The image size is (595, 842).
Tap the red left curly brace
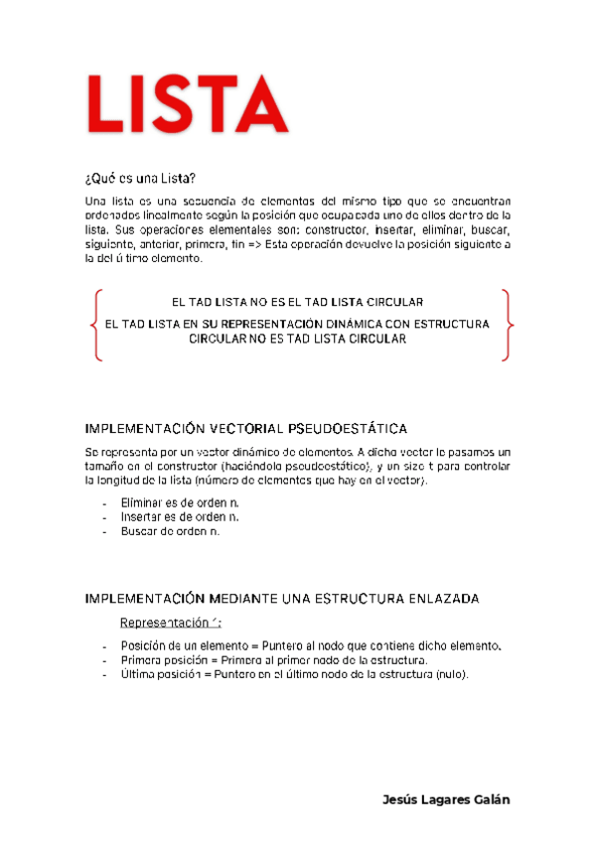click(93, 325)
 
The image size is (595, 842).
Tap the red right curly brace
click(507, 325)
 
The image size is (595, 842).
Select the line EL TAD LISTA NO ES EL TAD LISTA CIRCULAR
click(298, 302)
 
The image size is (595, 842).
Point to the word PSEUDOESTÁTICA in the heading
click(347, 429)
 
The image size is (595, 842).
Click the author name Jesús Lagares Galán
click(446, 800)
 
